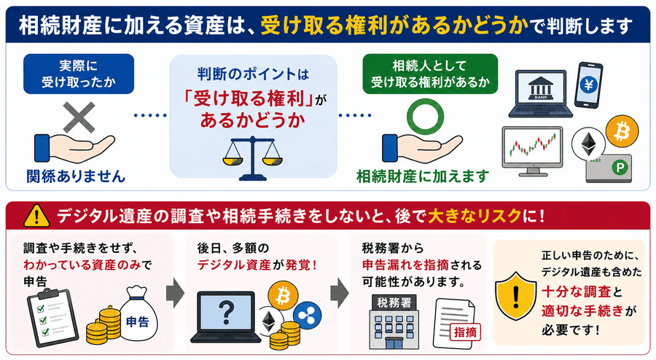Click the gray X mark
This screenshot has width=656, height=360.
click(79, 118)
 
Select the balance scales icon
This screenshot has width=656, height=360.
click(252, 158)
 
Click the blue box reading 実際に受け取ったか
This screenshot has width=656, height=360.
click(79, 74)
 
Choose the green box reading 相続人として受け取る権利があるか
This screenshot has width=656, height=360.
click(430, 74)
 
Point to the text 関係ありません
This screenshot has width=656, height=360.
click(76, 176)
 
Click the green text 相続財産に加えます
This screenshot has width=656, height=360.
click(423, 176)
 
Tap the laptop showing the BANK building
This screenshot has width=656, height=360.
click(541, 94)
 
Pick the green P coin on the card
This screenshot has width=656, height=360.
click(620, 168)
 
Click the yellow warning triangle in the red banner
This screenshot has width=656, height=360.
click(37, 216)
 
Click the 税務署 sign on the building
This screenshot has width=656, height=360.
click(394, 302)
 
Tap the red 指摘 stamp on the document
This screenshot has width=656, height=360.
click(465, 332)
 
